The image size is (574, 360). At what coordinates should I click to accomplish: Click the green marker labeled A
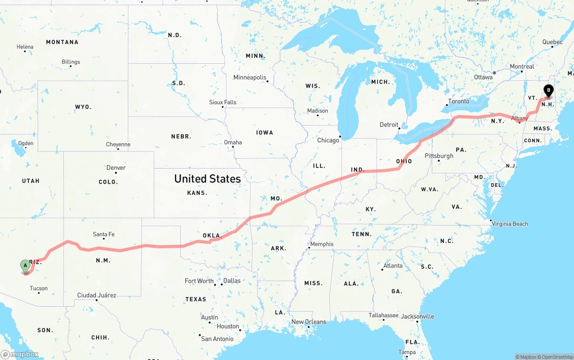point(26,265)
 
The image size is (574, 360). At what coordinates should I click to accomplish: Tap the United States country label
point(208,178)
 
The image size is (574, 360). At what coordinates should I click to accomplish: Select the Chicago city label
point(328,140)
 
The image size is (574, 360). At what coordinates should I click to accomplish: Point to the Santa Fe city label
point(104,234)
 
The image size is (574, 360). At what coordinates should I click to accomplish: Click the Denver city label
point(116,168)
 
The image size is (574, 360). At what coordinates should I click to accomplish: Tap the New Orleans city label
point(309,322)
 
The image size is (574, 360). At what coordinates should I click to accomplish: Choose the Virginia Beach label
point(510,224)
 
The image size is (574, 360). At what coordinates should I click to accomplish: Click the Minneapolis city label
point(250,78)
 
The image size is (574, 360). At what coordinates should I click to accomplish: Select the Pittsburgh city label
point(439,156)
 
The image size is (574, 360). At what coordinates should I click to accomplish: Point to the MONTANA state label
point(62,42)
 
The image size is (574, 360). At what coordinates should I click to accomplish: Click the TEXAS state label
point(196,299)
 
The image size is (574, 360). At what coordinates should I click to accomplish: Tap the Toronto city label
point(459,101)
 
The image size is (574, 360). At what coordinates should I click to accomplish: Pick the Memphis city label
point(322,244)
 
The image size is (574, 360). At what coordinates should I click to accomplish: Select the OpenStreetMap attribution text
point(557,357)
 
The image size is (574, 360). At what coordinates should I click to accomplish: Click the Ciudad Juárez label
point(97,295)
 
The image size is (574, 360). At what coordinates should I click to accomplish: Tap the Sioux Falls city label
point(223,102)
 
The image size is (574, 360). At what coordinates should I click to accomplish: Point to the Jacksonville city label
point(417,316)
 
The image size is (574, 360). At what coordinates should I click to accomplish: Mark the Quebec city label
point(552,42)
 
